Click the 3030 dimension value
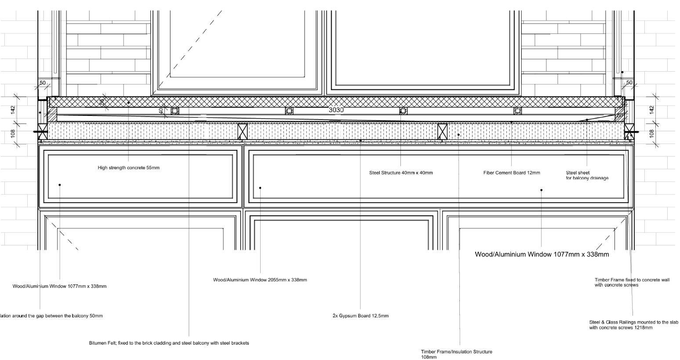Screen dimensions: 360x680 [x=336, y=110]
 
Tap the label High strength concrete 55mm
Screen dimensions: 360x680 [x=128, y=167]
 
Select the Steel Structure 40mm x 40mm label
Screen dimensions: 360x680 [x=401, y=173]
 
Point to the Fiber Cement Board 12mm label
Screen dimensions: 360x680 [x=512, y=173]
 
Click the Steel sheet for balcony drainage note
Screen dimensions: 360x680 [x=587, y=175]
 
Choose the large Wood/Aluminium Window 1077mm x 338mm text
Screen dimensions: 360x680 [x=542, y=255]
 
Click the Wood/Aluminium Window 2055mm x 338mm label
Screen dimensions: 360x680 [x=260, y=280]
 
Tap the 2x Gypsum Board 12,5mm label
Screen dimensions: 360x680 [x=360, y=316]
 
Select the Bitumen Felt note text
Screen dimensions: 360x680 [x=169, y=343]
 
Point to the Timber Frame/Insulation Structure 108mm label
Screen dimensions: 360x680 [x=456, y=354]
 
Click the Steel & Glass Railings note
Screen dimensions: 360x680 [x=633, y=325]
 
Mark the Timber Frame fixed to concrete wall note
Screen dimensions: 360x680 [x=632, y=282]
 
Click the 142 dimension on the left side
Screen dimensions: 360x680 [x=13, y=108]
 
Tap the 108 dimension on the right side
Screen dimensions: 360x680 [x=652, y=132]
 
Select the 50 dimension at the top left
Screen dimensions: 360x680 [x=43, y=83]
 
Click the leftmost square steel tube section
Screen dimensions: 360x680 [x=175, y=111]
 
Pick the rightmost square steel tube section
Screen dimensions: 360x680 [x=518, y=111]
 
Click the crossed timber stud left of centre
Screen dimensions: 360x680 [x=242, y=131]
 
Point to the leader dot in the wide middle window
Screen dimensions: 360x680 [x=260, y=188]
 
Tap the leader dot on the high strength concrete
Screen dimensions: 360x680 [x=129, y=103]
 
